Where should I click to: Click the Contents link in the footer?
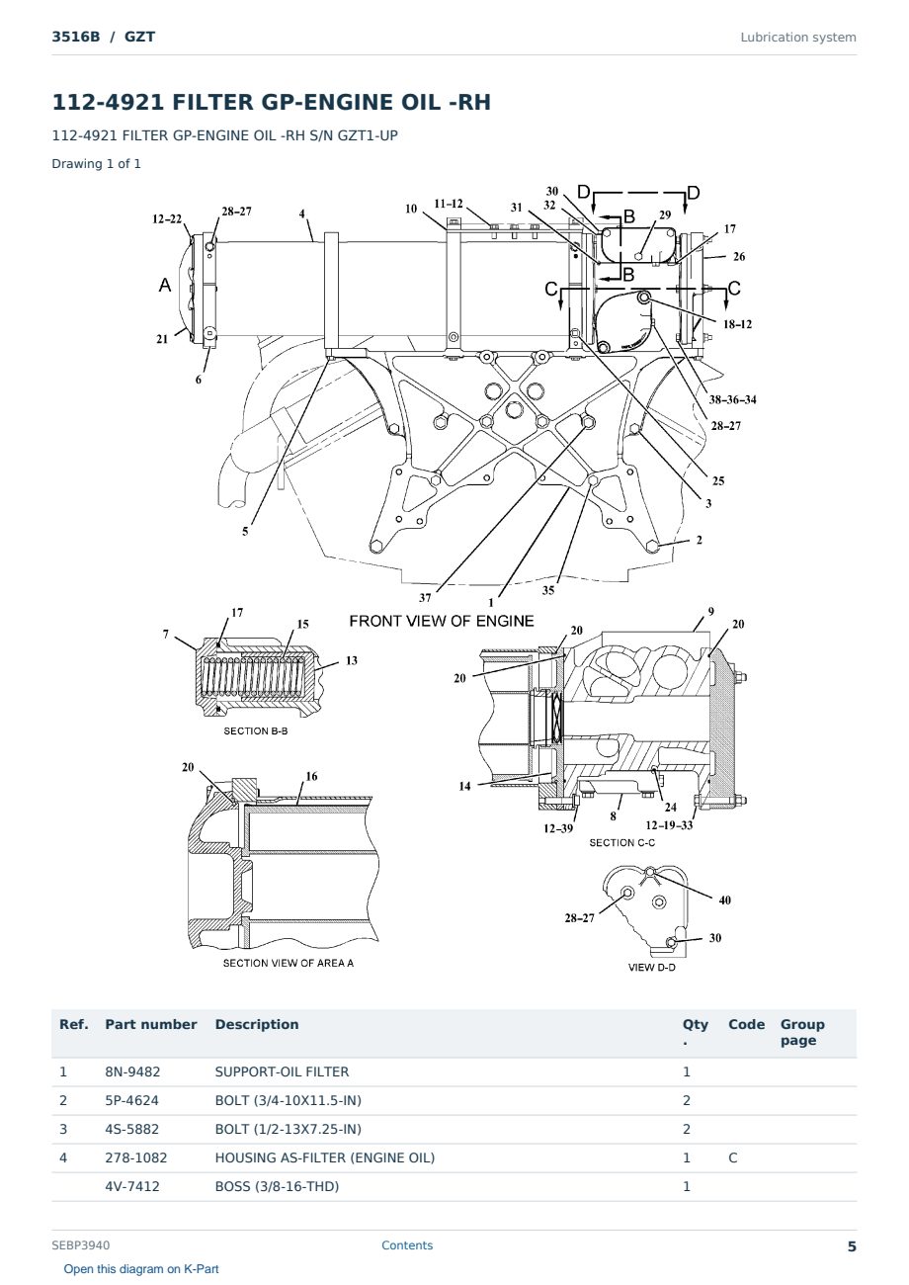point(407,1244)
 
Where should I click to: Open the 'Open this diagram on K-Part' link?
point(141,1268)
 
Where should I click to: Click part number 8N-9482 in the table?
point(132,1071)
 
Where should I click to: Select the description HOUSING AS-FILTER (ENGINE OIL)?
point(325,1157)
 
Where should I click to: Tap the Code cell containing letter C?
point(732,1157)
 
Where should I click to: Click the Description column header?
point(257,1024)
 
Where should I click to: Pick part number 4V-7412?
point(132,1186)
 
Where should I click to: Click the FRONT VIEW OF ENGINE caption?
point(442,621)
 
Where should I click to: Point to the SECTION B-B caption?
point(256,730)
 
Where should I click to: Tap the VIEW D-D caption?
point(651,967)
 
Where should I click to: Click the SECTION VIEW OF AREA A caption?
point(288,963)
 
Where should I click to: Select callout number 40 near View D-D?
point(725,900)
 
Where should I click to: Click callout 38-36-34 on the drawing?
point(732,399)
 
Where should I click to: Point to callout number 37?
point(425,598)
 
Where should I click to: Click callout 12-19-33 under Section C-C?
point(669,825)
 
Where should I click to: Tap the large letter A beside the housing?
point(165,285)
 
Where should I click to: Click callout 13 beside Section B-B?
point(352,661)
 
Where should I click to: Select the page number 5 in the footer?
point(852,1246)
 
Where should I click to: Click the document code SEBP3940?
point(81,1244)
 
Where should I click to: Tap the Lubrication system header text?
point(798,38)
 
